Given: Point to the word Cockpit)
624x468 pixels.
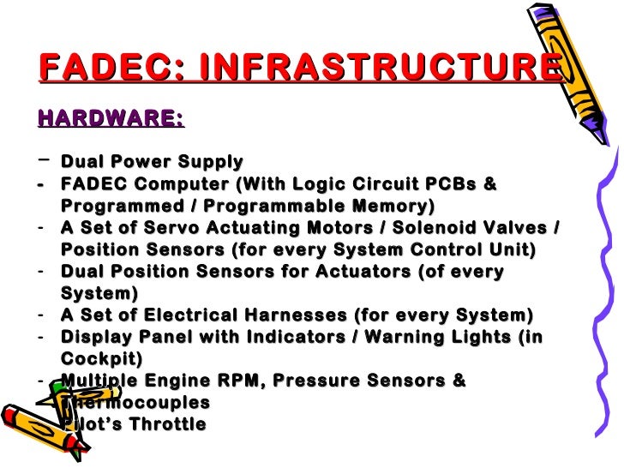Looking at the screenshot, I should (x=102, y=359).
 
